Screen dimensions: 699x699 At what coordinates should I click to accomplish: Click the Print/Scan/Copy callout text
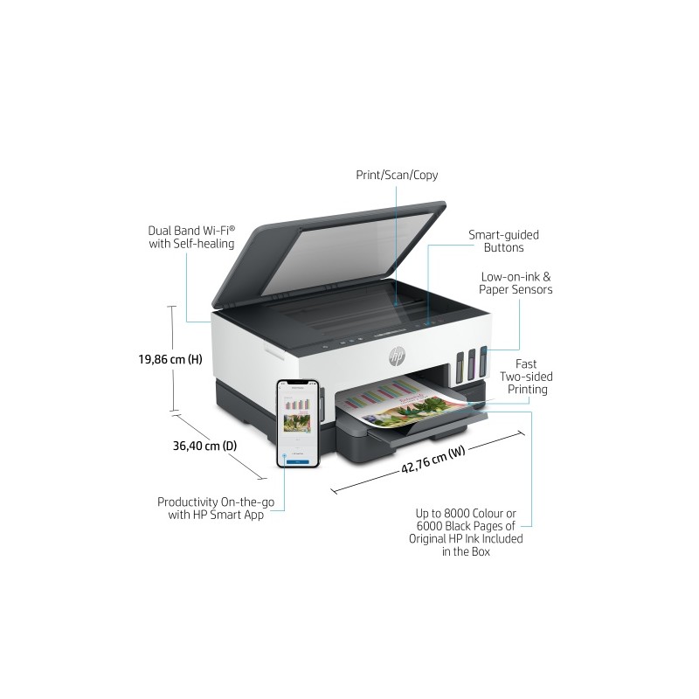397,175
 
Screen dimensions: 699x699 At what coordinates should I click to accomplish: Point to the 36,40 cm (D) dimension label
204,446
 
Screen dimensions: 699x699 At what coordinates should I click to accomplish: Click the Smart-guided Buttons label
503,241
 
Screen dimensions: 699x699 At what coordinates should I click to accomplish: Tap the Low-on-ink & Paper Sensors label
516,282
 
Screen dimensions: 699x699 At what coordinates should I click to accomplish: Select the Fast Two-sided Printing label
526,376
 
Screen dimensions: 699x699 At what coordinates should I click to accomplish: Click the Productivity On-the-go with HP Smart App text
210,509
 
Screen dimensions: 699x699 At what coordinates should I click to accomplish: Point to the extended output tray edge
437,430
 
